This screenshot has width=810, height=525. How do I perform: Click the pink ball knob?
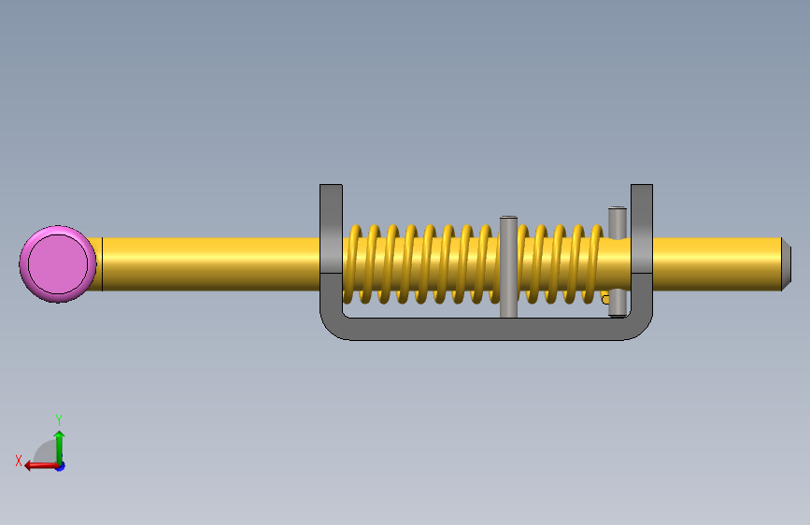[58, 264]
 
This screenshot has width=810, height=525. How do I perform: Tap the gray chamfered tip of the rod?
[786, 264]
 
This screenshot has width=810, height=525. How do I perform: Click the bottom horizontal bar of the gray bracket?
[486, 329]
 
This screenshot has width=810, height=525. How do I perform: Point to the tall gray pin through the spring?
[508, 266]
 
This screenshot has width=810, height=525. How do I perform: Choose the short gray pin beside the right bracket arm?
[618, 262]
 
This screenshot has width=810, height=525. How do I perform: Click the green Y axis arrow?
[60, 448]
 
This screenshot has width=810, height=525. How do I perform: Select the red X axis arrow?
[42, 466]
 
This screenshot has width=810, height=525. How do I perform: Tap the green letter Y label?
[59, 419]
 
